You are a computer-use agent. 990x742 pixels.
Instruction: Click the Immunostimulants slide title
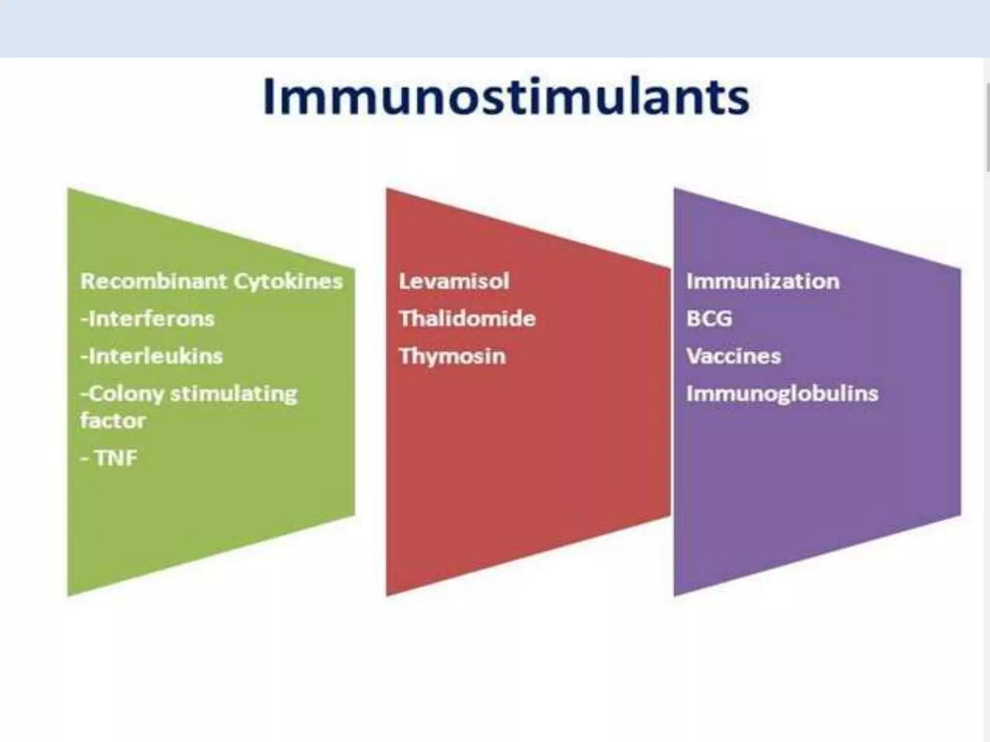tap(506, 97)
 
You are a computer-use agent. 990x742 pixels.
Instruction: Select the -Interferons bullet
tap(147, 319)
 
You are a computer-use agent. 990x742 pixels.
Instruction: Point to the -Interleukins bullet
tap(152, 357)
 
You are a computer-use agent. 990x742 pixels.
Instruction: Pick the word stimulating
tap(234, 394)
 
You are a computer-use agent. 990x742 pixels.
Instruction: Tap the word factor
tap(113, 421)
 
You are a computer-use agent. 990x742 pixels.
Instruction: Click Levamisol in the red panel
tap(454, 281)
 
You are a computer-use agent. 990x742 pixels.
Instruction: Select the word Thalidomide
tap(467, 319)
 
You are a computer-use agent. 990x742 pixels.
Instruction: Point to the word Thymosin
tap(452, 357)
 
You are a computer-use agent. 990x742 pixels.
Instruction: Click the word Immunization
tap(763, 281)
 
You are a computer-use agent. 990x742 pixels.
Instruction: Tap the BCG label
tap(709, 319)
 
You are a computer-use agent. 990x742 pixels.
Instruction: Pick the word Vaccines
tap(733, 357)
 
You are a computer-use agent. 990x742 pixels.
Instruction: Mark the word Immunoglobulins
tap(782, 394)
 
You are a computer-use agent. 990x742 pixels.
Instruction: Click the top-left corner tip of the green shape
tap(69, 189)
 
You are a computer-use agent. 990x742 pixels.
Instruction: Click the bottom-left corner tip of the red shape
tap(387, 595)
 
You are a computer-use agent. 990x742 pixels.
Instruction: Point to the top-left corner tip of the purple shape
tap(675, 189)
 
